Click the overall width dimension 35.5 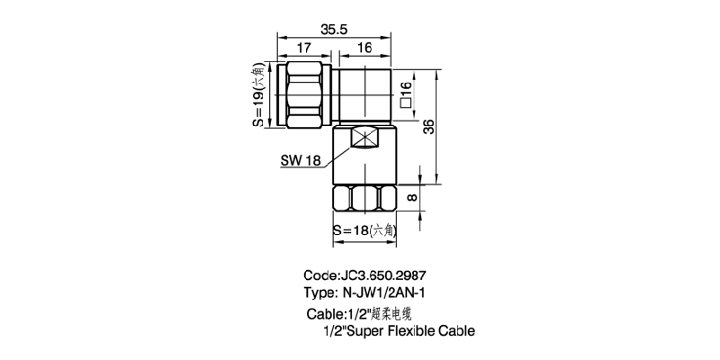pyautogui.click(x=336, y=30)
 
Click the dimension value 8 pyautogui.click(x=412, y=197)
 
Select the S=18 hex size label pyautogui.click(x=364, y=230)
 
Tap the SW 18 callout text pyautogui.click(x=301, y=162)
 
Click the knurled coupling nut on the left pyautogui.click(x=307, y=94)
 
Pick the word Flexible pyautogui.click(x=412, y=330)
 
